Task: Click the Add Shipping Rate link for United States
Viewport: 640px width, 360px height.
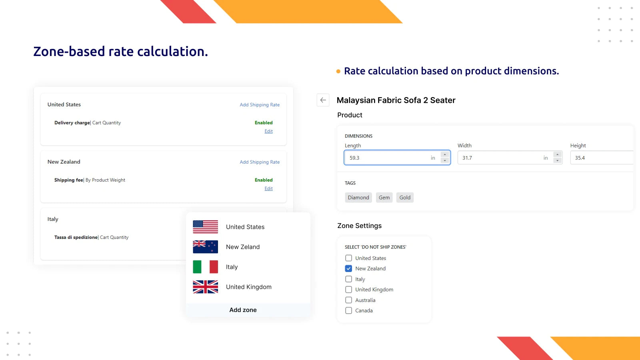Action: [260, 105]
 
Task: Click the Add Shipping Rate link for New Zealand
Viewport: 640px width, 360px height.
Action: [260, 162]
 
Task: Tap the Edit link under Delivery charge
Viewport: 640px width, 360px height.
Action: [268, 131]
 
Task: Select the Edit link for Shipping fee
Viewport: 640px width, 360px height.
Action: [268, 188]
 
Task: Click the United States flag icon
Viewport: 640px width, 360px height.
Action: [205, 227]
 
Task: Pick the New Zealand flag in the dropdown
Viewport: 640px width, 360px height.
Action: [205, 247]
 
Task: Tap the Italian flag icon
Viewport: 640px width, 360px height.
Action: [205, 267]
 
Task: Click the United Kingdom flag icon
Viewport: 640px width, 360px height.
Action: [205, 287]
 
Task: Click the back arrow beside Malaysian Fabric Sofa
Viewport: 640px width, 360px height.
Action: [323, 100]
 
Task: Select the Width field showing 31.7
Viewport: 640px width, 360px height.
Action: [500, 158]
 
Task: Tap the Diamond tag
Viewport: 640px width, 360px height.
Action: [358, 198]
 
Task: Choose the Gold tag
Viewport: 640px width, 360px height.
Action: [405, 198]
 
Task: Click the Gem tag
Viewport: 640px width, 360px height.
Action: [384, 198]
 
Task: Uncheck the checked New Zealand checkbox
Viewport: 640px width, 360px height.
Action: [349, 268]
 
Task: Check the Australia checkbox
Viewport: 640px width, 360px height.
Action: [349, 300]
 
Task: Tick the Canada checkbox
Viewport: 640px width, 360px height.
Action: [349, 310]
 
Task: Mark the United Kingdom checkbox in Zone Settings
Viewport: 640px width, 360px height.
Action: [349, 290]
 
